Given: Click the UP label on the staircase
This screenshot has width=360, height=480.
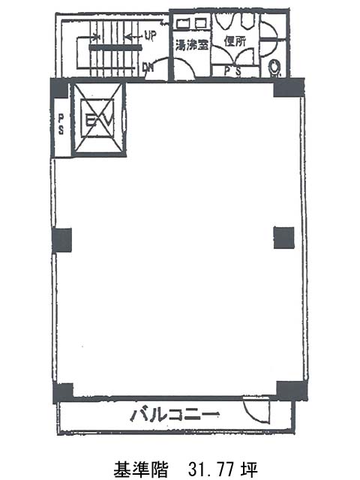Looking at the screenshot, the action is (x=150, y=37).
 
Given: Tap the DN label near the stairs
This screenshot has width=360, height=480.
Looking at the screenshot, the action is (x=148, y=67).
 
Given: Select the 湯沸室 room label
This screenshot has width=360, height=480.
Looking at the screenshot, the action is (x=192, y=45).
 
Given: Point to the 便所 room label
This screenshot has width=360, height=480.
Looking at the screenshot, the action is (x=235, y=41).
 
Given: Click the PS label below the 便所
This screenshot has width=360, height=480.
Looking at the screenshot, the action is (x=233, y=71).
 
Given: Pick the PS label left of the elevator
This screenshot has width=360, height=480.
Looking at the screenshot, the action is (x=61, y=124).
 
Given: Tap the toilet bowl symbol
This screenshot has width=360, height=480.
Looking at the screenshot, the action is (x=274, y=67).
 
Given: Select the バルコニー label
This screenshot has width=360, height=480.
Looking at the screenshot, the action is (x=175, y=415).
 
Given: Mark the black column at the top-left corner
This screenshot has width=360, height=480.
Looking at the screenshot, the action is (x=60, y=88).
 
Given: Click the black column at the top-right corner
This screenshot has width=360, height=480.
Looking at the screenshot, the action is (x=289, y=88).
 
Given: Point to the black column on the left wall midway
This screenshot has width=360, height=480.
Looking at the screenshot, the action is (x=61, y=240).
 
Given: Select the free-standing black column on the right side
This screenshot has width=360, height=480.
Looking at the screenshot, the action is (x=283, y=238).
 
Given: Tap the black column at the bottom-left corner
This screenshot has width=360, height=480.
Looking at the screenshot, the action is (x=63, y=393).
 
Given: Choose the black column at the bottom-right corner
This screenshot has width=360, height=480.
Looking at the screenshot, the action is (x=292, y=391).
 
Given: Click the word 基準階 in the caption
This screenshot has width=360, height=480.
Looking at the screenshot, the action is (x=141, y=469).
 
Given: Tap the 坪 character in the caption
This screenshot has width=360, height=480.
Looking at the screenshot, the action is (x=249, y=469).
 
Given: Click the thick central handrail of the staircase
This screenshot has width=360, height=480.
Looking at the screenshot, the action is (x=115, y=47).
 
